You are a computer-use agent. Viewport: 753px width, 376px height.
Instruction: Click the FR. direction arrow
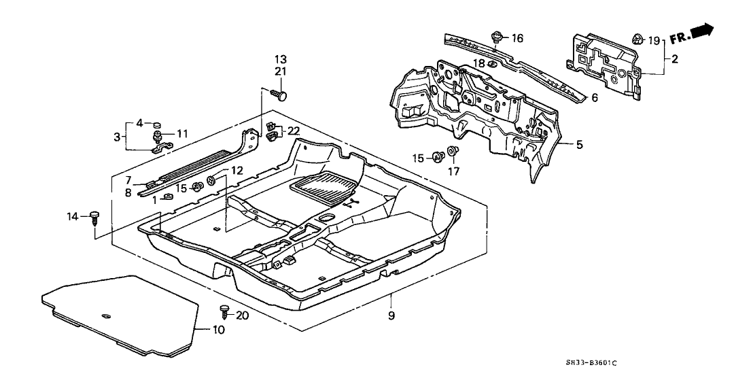click(691, 32)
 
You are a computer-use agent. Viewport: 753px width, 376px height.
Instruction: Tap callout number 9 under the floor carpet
click(391, 315)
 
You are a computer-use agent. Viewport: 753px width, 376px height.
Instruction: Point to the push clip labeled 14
click(94, 218)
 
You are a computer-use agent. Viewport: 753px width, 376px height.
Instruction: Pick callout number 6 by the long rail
click(594, 98)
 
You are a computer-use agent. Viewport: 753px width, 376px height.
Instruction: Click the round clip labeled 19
click(637, 39)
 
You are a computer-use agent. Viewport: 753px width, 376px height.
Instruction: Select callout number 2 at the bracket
click(674, 59)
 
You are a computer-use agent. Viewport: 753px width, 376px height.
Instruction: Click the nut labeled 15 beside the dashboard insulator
click(438, 158)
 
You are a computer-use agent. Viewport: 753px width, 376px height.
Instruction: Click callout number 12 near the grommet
click(237, 170)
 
